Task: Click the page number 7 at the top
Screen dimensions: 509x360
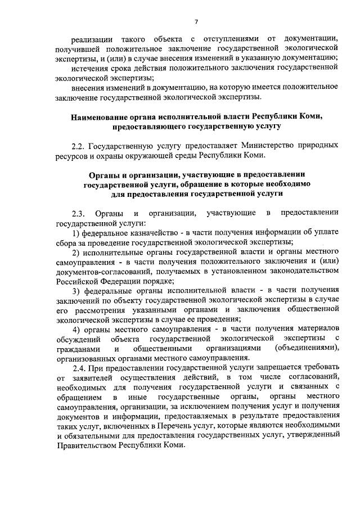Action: pos(197,22)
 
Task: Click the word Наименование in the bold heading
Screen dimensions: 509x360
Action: pos(101,117)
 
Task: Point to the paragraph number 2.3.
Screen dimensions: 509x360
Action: pos(79,213)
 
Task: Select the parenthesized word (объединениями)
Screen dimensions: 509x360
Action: pos(307,348)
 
